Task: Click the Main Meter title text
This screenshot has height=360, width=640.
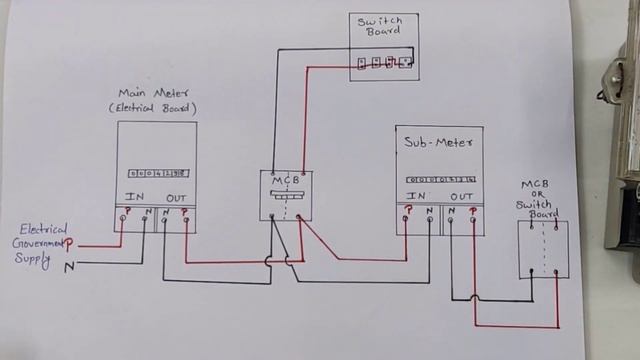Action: [155, 93]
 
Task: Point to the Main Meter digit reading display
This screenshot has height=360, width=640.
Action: [155, 172]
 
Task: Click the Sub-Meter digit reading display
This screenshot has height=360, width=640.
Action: [439, 179]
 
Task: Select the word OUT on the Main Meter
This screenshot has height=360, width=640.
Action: [175, 195]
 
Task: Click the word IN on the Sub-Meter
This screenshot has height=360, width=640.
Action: [418, 196]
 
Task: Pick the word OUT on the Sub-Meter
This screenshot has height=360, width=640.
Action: [461, 196]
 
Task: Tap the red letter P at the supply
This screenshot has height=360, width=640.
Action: [69, 244]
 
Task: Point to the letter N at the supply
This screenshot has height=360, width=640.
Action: [69, 267]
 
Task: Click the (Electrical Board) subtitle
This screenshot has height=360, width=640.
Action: [153, 108]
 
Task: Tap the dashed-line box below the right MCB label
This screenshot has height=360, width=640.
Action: [543, 249]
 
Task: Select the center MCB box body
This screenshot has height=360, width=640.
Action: [286, 194]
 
